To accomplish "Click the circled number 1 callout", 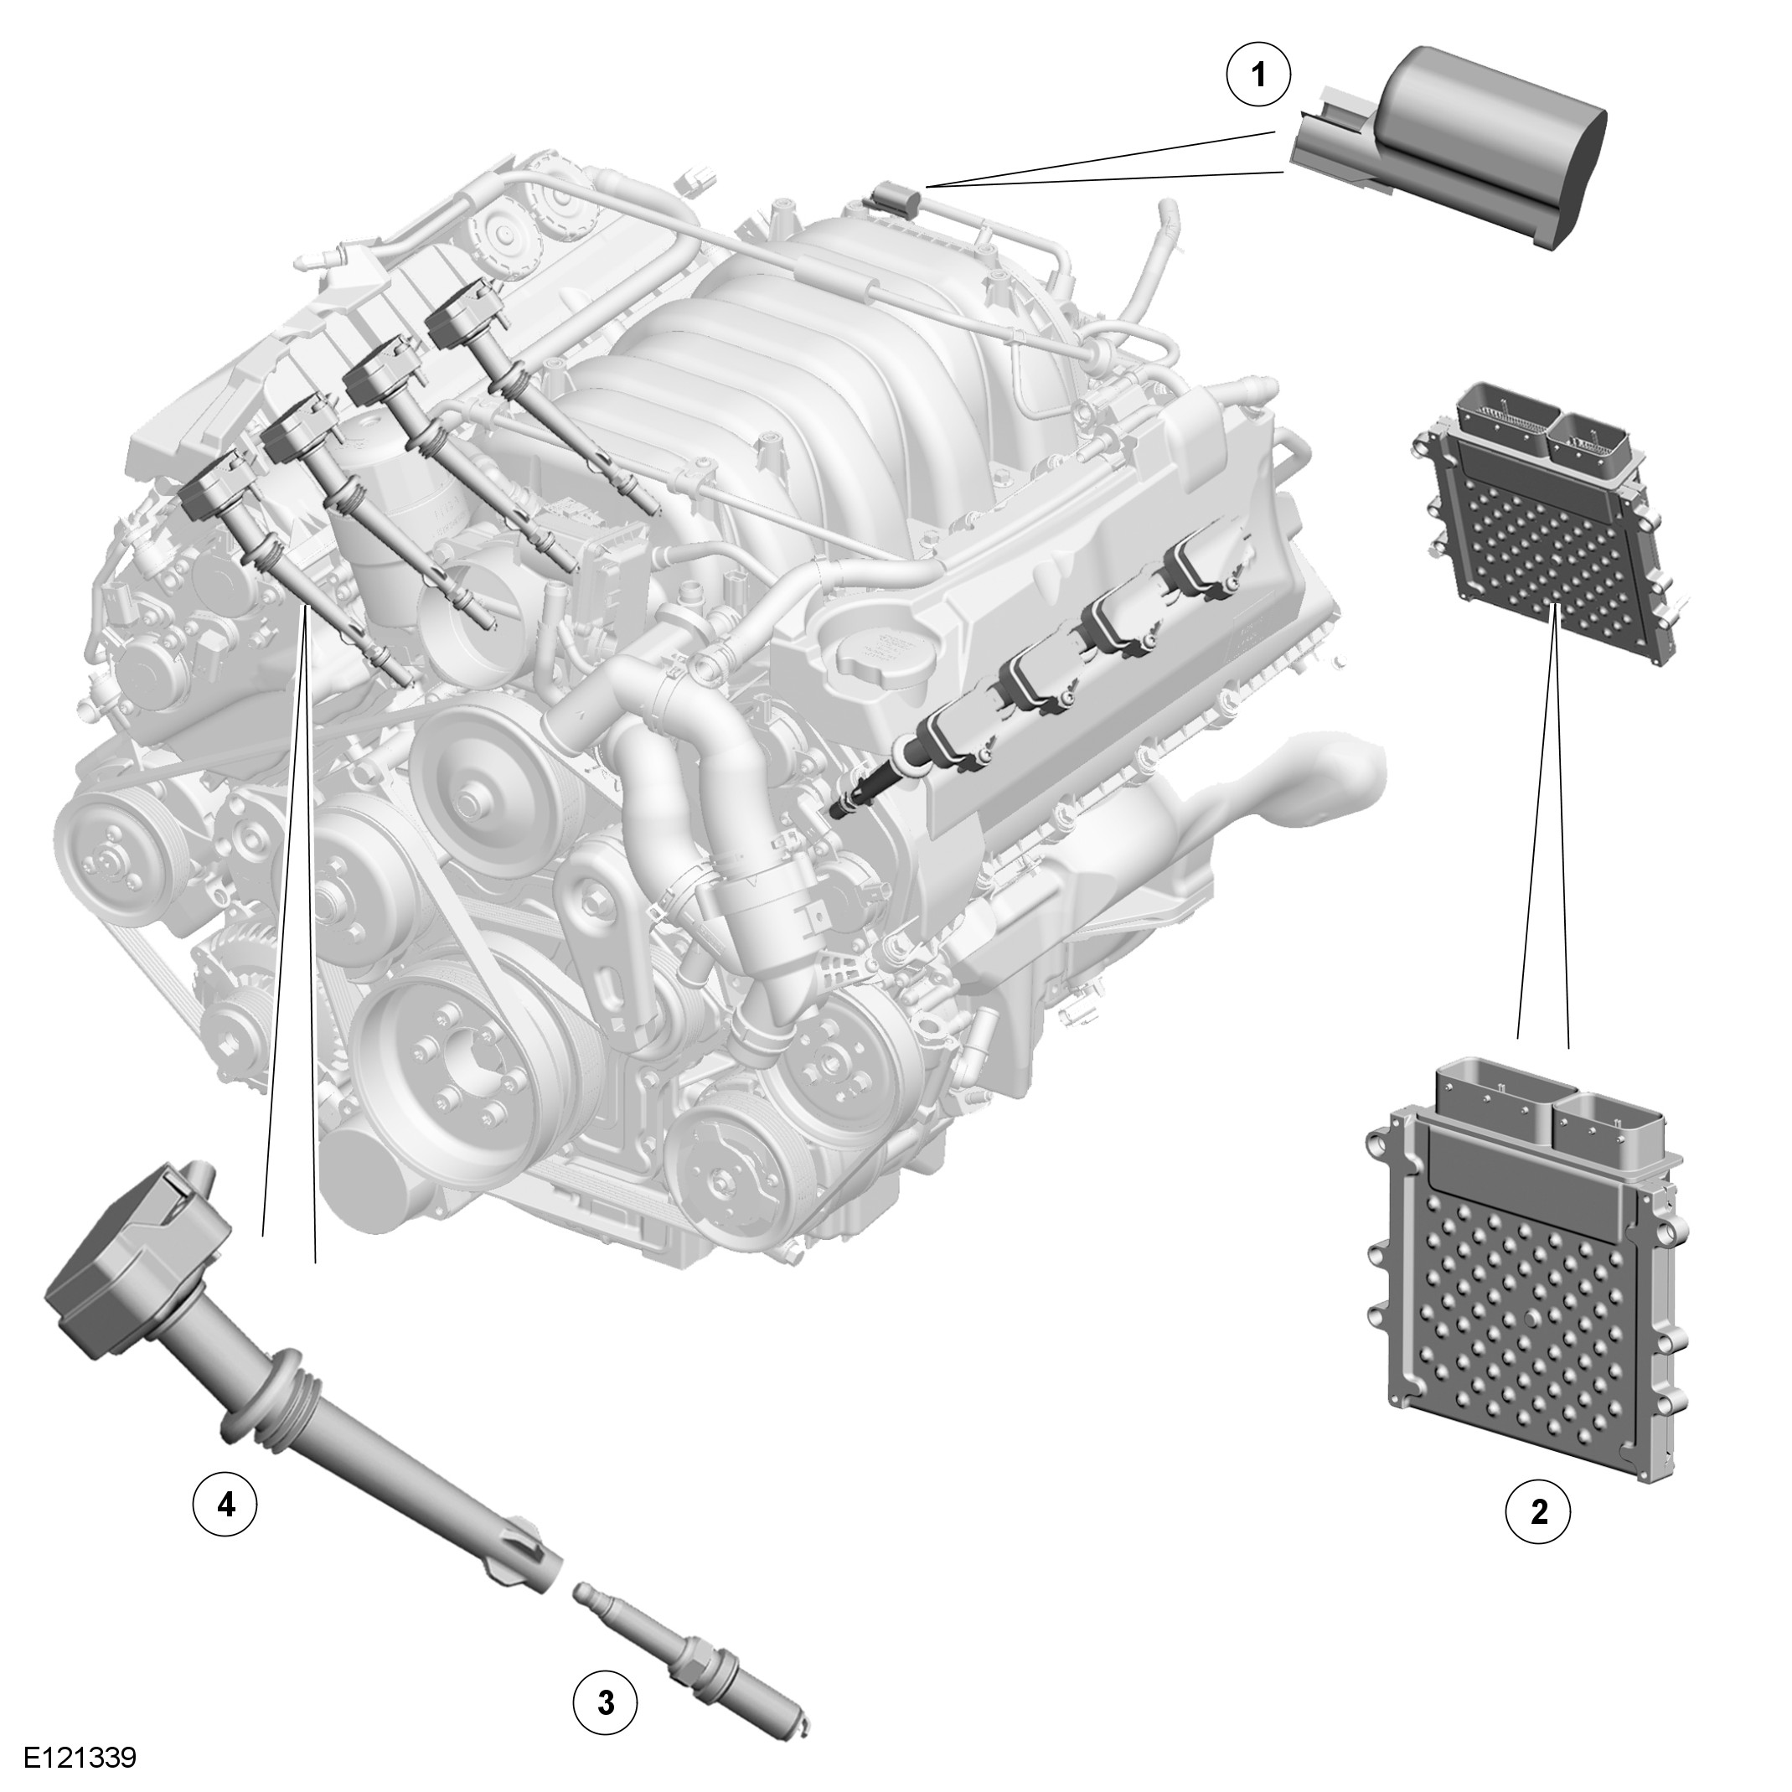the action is pos(1258,75).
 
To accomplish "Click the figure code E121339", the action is pos(80,1758).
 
